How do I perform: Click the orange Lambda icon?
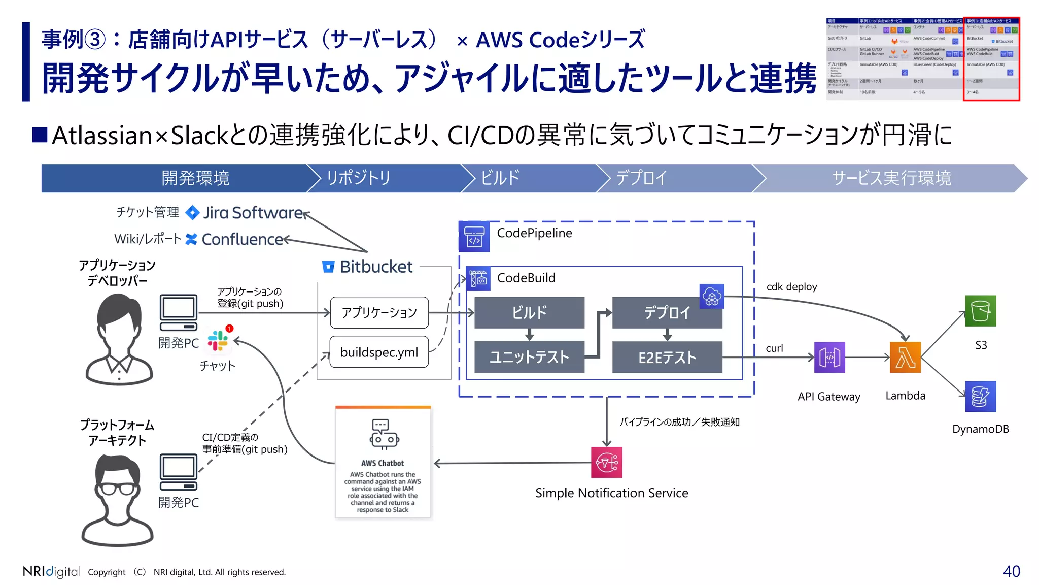[x=905, y=357]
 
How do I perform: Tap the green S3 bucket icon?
[x=980, y=311]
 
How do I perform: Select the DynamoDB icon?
[x=980, y=397]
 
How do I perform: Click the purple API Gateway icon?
[x=829, y=357]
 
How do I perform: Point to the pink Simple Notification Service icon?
[x=607, y=462]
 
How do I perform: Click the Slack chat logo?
[x=218, y=341]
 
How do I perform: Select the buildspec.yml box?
[x=379, y=352]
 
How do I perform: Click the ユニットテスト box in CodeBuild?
[x=529, y=357]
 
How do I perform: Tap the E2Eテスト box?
[x=667, y=357]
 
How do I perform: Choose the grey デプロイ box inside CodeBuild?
[x=667, y=313]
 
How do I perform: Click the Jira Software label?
[x=253, y=213]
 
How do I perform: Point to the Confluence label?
[x=242, y=239]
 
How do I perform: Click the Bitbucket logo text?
[x=376, y=267]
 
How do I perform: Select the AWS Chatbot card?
[x=383, y=463]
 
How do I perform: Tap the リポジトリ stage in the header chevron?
[x=358, y=178]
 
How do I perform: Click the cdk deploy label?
[x=791, y=287]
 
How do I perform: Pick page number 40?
[x=1011, y=571]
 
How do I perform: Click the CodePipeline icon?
[x=474, y=237]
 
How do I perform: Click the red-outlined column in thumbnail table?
[x=991, y=59]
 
